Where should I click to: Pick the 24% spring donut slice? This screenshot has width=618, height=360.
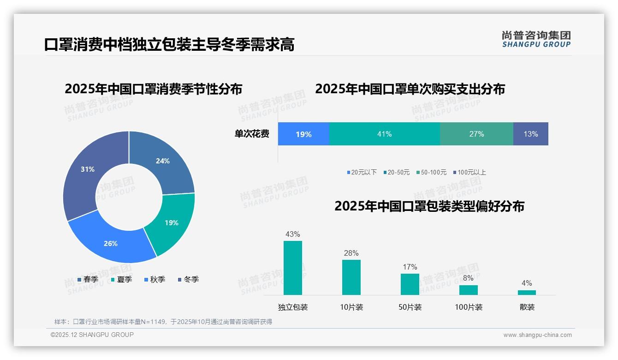click(164, 162)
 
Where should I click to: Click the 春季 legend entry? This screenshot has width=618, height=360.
click(88, 280)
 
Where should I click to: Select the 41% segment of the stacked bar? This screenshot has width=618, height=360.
click(384, 134)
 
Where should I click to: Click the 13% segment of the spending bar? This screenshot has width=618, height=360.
click(530, 134)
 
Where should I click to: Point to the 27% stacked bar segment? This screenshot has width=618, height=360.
click(476, 134)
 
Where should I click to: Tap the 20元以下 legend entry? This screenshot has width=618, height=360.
click(362, 173)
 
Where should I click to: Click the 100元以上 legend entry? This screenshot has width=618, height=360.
click(469, 173)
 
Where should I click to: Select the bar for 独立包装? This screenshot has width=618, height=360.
click(293, 268)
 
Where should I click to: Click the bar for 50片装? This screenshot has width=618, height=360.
click(410, 284)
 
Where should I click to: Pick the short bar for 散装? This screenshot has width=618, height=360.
click(527, 292)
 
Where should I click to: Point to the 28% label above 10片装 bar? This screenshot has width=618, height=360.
click(351, 253)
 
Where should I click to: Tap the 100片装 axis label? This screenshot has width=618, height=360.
click(469, 307)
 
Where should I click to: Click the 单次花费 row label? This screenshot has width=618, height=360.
click(252, 134)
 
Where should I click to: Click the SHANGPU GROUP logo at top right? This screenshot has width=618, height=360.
click(536, 39)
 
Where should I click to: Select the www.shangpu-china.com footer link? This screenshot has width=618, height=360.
click(537, 335)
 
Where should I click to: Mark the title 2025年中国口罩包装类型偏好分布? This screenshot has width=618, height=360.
click(429, 206)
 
